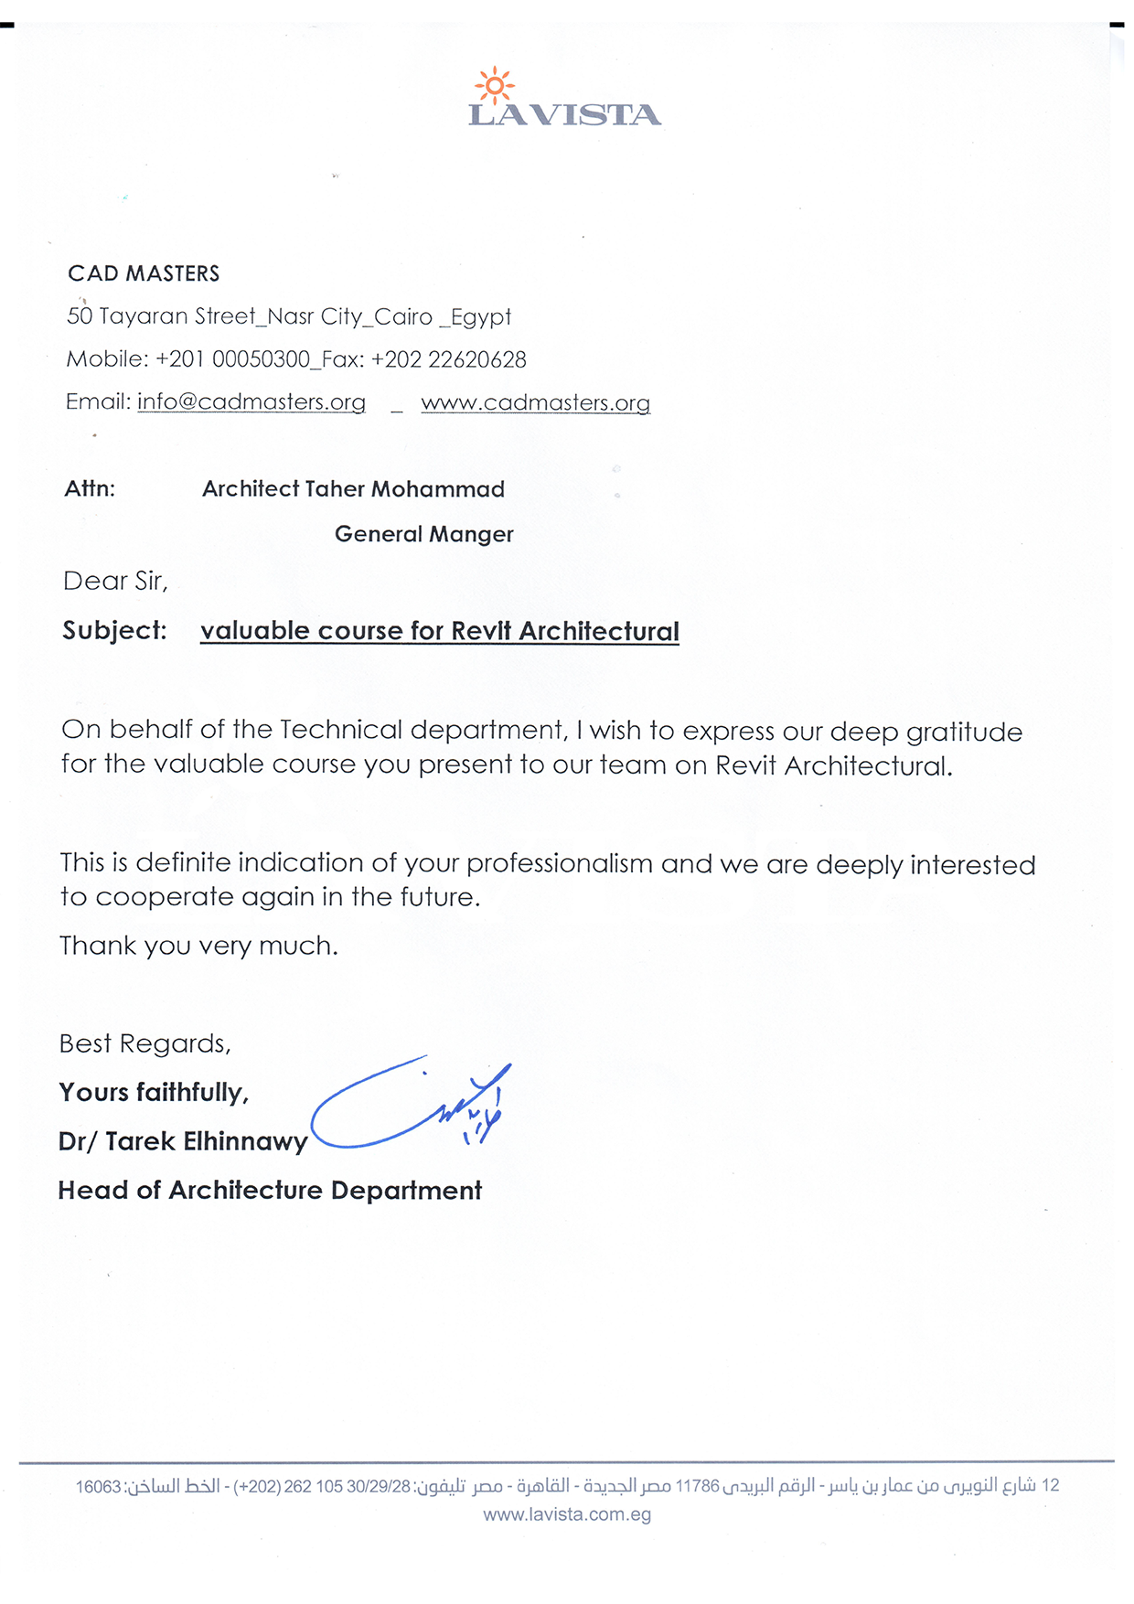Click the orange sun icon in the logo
[495, 86]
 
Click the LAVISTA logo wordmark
[564, 115]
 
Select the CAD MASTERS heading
[144, 273]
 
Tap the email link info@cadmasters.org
[251, 402]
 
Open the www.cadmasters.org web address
[535, 403]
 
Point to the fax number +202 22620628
[448, 359]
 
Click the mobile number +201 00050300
[233, 359]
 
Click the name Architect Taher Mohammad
[353, 489]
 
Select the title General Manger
[423, 534]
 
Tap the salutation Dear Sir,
[115, 582]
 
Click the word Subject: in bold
[114, 631]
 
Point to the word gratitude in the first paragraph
[964, 732]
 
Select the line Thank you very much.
[198, 946]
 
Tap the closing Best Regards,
[144, 1043]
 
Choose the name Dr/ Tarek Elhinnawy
[183, 1141]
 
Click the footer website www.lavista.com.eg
[567, 1514]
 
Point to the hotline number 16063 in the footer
[98, 1487]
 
